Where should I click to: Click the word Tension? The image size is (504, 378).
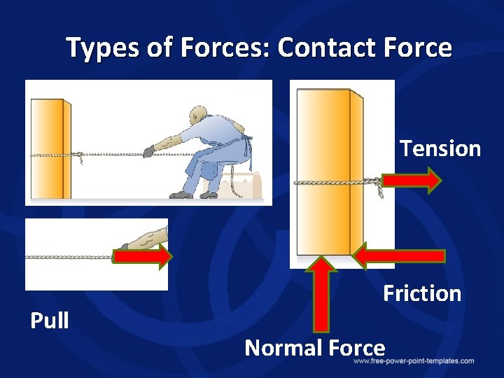440,148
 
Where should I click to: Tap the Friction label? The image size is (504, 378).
422,293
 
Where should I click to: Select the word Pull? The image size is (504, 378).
50,320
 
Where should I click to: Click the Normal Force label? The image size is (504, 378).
315,347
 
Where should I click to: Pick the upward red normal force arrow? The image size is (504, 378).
321,294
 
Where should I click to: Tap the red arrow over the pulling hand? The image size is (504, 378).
142,257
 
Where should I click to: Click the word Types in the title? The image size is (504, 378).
94,48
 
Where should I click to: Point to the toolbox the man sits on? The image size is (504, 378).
245,185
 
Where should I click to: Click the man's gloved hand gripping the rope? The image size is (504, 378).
148,150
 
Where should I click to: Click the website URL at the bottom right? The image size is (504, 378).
413,361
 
